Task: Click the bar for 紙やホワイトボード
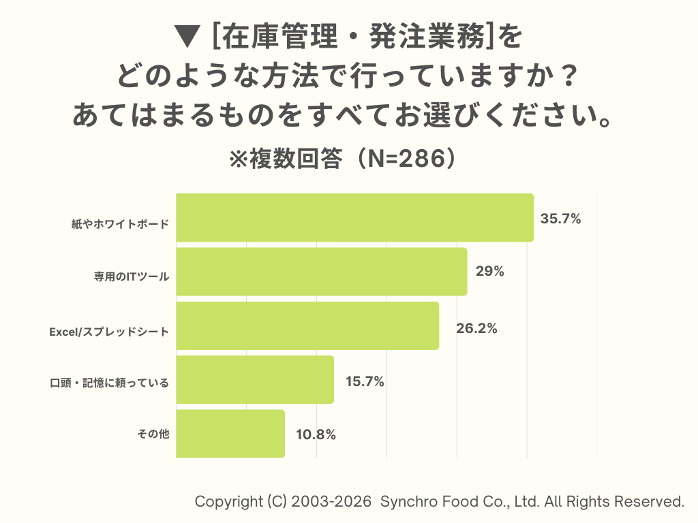click(354, 218)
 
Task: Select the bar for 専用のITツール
click(322, 272)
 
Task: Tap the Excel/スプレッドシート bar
click(307, 326)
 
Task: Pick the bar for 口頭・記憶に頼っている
click(255, 379)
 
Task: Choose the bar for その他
click(230, 433)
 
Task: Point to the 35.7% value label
click(560, 219)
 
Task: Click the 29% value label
click(489, 272)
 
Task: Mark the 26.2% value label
click(476, 328)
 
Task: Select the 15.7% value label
click(365, 382)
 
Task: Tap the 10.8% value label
click(316, 434)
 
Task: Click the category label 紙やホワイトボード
click(120, 224)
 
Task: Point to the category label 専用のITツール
click(132, 278)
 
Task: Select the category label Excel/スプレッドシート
click(109, 332)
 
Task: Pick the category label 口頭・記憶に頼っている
click(109, 383)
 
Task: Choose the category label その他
click(153, 434)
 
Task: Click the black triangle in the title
click(186, 37)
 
